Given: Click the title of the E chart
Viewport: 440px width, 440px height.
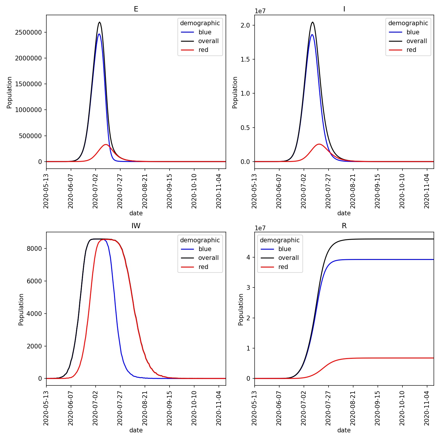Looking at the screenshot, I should pos(136,9).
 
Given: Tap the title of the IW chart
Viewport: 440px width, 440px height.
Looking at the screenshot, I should pos(136,226).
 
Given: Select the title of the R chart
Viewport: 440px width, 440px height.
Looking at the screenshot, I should pos(344,226).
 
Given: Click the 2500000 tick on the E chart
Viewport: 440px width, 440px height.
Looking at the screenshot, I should pos(28,32).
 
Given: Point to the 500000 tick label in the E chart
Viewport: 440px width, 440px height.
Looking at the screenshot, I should pos(31,136).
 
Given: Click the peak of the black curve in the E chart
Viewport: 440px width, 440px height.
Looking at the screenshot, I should pos(100,22).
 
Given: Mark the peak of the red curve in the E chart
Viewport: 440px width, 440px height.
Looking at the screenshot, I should pos(106,145).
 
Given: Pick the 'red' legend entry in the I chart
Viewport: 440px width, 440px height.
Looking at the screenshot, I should pos(411,50).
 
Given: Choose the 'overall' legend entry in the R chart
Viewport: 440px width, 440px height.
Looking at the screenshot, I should pos(288,258).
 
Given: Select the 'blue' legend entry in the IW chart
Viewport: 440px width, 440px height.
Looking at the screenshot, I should pos(205,249).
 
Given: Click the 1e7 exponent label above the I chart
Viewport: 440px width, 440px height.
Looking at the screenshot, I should pos(260,11).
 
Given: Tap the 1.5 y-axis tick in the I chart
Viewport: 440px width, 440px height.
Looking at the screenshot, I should pos(245,60).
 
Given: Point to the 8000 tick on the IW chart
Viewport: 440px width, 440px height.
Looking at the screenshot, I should pos(34,248).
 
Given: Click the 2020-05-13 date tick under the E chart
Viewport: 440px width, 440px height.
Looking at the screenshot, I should pos(46,191).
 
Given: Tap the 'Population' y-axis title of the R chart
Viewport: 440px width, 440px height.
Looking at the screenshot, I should pos(241,309).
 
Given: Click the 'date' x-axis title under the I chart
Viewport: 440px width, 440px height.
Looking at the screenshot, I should pos(344,213).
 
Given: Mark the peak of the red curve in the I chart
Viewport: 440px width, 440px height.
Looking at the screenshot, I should pos(319,144).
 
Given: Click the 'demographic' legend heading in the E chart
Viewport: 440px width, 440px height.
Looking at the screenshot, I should pos(200,23).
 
